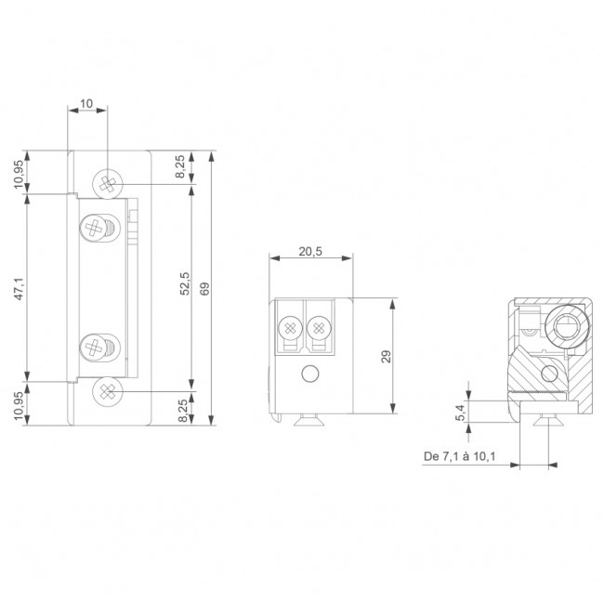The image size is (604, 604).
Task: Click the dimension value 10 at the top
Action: (x=86, y=104)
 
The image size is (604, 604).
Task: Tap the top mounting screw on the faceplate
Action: (x=109, y=182)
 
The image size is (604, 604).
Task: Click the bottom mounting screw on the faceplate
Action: (x=109, y=391)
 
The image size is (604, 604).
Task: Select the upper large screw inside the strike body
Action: (x=96, y=227)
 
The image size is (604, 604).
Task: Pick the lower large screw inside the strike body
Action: (x=96, y=348)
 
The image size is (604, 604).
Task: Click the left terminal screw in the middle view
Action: (x=290, y=327)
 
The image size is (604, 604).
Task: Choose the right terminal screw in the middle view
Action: (x=319, y=327)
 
